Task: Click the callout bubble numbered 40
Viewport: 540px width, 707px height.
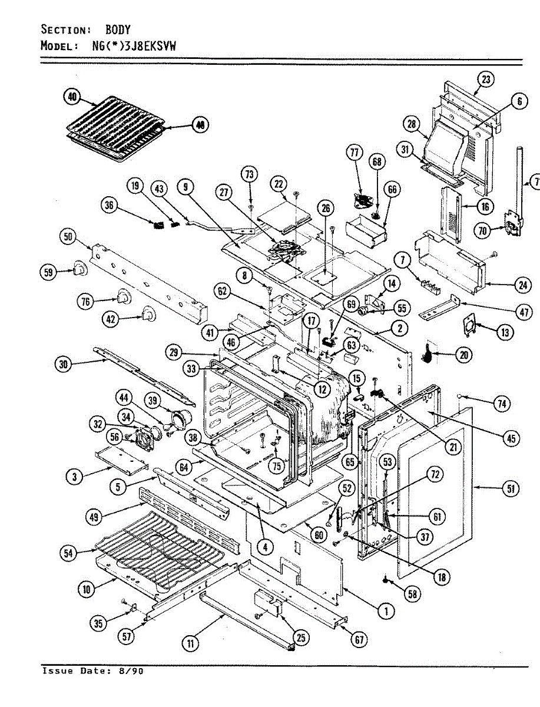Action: (72, 97)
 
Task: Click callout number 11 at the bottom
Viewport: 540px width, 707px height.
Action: (190, 644)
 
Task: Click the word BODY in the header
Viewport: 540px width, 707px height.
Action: (118, 29)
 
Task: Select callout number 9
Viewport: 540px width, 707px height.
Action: (186, 187)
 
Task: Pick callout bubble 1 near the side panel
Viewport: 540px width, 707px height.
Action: (386, 611)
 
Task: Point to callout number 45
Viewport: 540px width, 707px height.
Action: (511, 438)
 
